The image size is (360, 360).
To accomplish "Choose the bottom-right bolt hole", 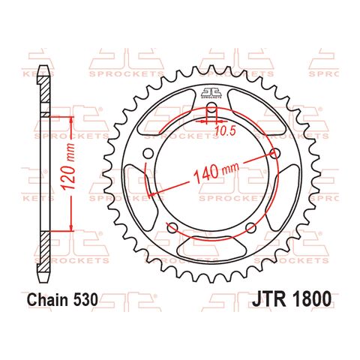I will tap(251, 227).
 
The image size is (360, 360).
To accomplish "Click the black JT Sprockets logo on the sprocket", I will tap(212, 93).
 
